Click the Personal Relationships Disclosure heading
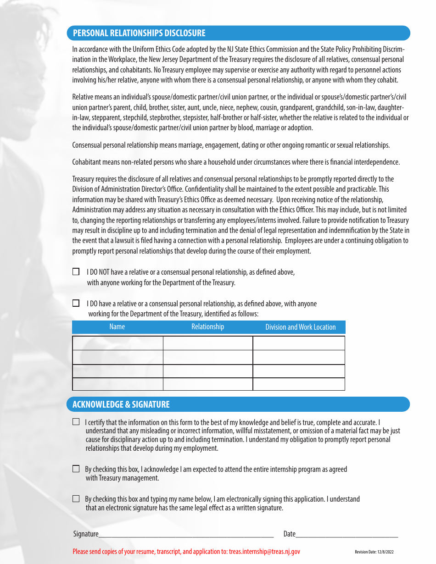click(139, 33)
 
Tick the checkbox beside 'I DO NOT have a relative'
click(76, 271)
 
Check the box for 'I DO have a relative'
click(76, 303)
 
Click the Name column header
click(117, 327)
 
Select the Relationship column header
click(207, 327)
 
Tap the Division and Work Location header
click(300, 327)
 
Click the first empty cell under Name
click(117, 343)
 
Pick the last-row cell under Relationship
click(207, 384)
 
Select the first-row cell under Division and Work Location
click(299, 343)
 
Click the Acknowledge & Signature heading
click(121, 404)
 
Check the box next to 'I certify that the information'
click(76, 422)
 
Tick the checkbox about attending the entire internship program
click(76, 469)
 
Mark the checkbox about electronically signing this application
click(76, 499)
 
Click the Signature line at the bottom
click(186, 533)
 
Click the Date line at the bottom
click(347, 533)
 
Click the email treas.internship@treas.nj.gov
click(264, 552)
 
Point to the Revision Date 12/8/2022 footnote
click(374, 552)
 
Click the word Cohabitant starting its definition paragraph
click(86, 162)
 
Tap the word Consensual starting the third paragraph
click(87, 145)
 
